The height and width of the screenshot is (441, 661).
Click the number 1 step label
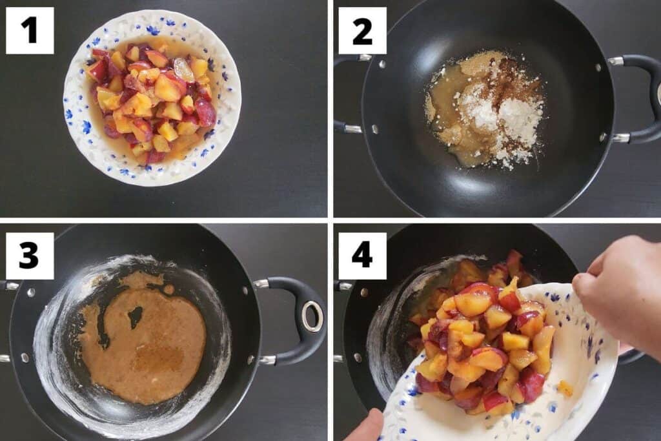coord(30,30)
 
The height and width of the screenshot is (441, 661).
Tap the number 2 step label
coord(362,30)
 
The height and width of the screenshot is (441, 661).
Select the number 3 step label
coord(30,256)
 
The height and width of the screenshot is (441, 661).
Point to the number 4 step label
coord(362,256)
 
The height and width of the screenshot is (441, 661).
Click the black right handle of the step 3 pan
coord(291,320)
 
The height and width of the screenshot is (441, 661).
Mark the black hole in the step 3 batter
coord(136,316)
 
